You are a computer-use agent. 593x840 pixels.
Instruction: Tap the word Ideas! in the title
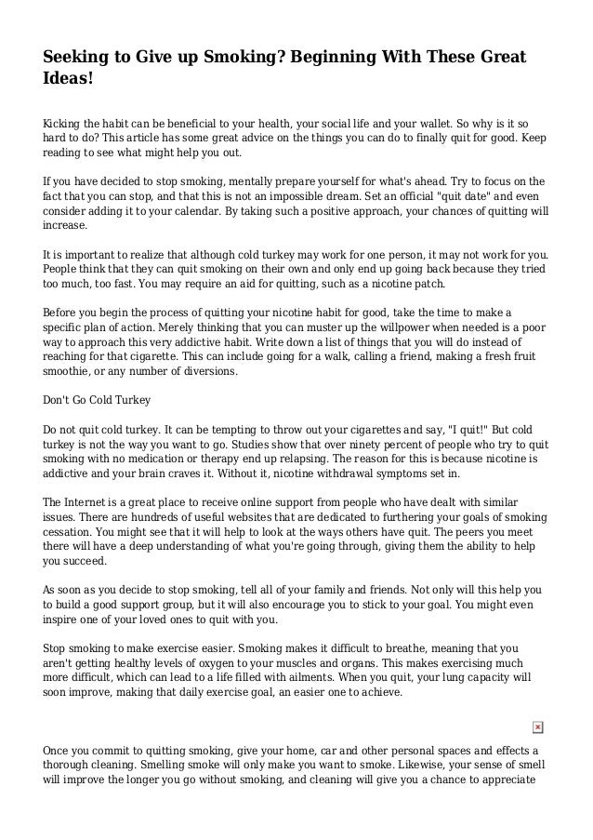pyautogui.click(x=69, y=82)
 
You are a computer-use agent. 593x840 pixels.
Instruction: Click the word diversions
pyautogui.click(x=209, y=370)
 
